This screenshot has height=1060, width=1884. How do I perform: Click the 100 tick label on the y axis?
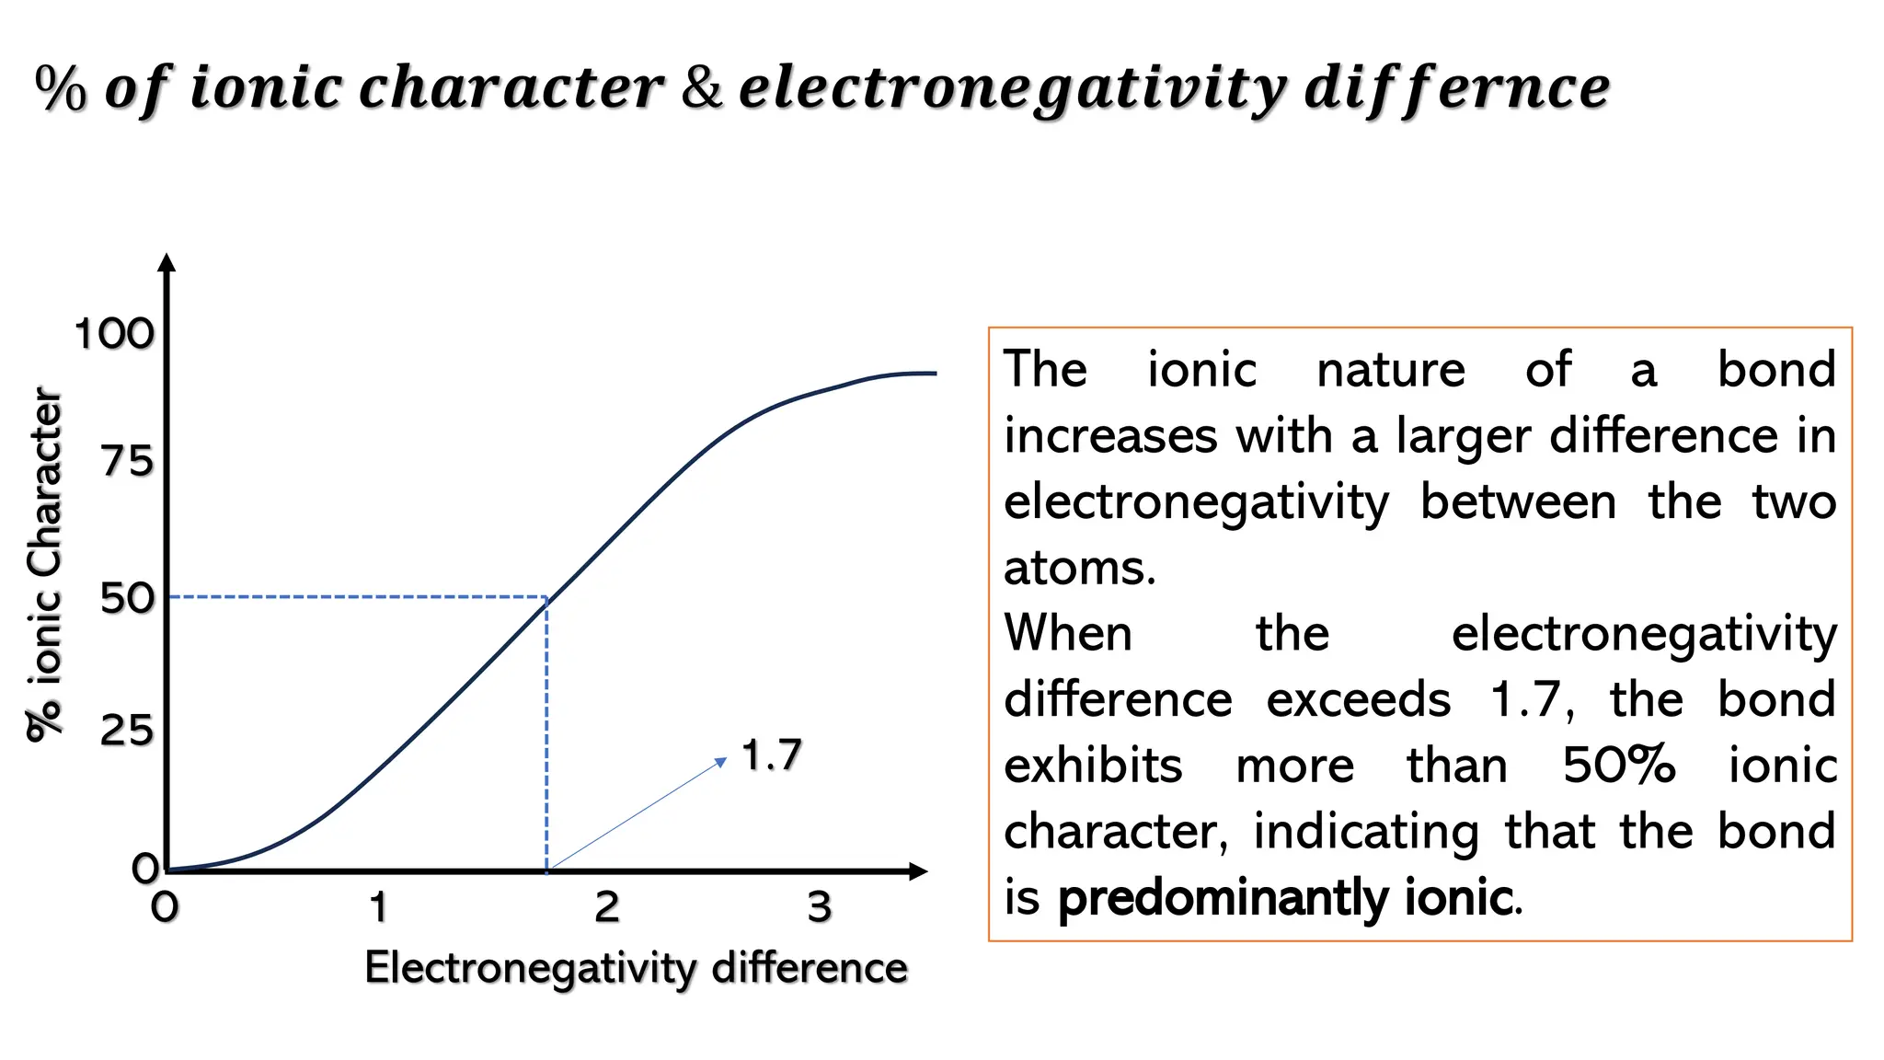point(114,334)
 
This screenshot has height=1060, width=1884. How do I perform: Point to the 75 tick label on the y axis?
point(127,460)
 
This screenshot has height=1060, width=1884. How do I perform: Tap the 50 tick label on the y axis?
point(127,598)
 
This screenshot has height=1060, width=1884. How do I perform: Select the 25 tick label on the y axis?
point(127,731)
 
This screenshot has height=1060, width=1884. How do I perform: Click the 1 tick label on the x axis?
point(378,907)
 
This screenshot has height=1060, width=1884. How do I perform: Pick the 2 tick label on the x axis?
point(607,907)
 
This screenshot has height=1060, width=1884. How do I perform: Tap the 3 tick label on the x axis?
point(820,907)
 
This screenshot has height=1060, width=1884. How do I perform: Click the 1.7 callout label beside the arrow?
point(772,755)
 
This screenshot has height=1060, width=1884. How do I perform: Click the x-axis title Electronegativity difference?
point(636,968)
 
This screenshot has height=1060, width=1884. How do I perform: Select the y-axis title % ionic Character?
point(44,563)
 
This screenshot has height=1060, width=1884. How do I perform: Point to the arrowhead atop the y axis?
point(167,262)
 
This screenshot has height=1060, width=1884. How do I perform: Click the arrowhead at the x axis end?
point(917,870)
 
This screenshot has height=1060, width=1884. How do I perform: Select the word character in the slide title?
point(511,88)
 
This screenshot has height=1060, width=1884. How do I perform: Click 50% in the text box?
point(1618,766)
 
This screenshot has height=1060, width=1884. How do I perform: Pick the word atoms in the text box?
point(1078,568)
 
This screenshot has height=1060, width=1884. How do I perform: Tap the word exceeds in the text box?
point(1358,700)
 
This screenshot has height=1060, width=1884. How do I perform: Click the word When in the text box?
point(1068,634)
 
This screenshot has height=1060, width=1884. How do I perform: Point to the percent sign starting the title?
point(61,89)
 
